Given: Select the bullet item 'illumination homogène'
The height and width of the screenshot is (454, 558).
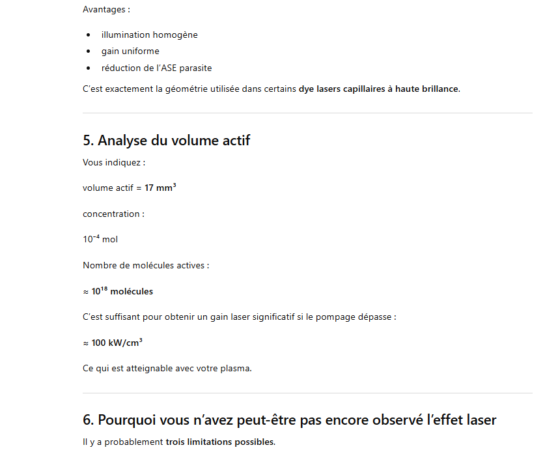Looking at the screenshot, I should pos(149,35).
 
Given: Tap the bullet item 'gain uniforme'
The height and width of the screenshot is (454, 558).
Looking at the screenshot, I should pos(130,51).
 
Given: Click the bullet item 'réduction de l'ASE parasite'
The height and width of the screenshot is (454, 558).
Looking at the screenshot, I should pos(156,68).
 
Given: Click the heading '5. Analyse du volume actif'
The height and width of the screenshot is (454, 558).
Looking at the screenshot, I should pos(166,140).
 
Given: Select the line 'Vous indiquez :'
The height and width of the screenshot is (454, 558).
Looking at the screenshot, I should pos(113,162).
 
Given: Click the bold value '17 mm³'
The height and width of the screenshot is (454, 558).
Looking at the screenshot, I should pos(160,188).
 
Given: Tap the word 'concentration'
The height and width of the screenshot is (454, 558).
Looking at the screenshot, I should pos(111,214).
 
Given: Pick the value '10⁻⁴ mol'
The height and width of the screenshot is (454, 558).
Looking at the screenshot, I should pos(100,239).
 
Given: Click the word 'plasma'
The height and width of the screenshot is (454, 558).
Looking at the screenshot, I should pos(236,368).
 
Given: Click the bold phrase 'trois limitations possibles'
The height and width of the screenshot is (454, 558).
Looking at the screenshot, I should pos(220,442).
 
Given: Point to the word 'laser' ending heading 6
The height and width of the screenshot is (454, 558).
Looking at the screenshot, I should pos(478,420).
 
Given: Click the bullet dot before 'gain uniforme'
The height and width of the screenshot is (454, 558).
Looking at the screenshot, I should pos(88,51).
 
